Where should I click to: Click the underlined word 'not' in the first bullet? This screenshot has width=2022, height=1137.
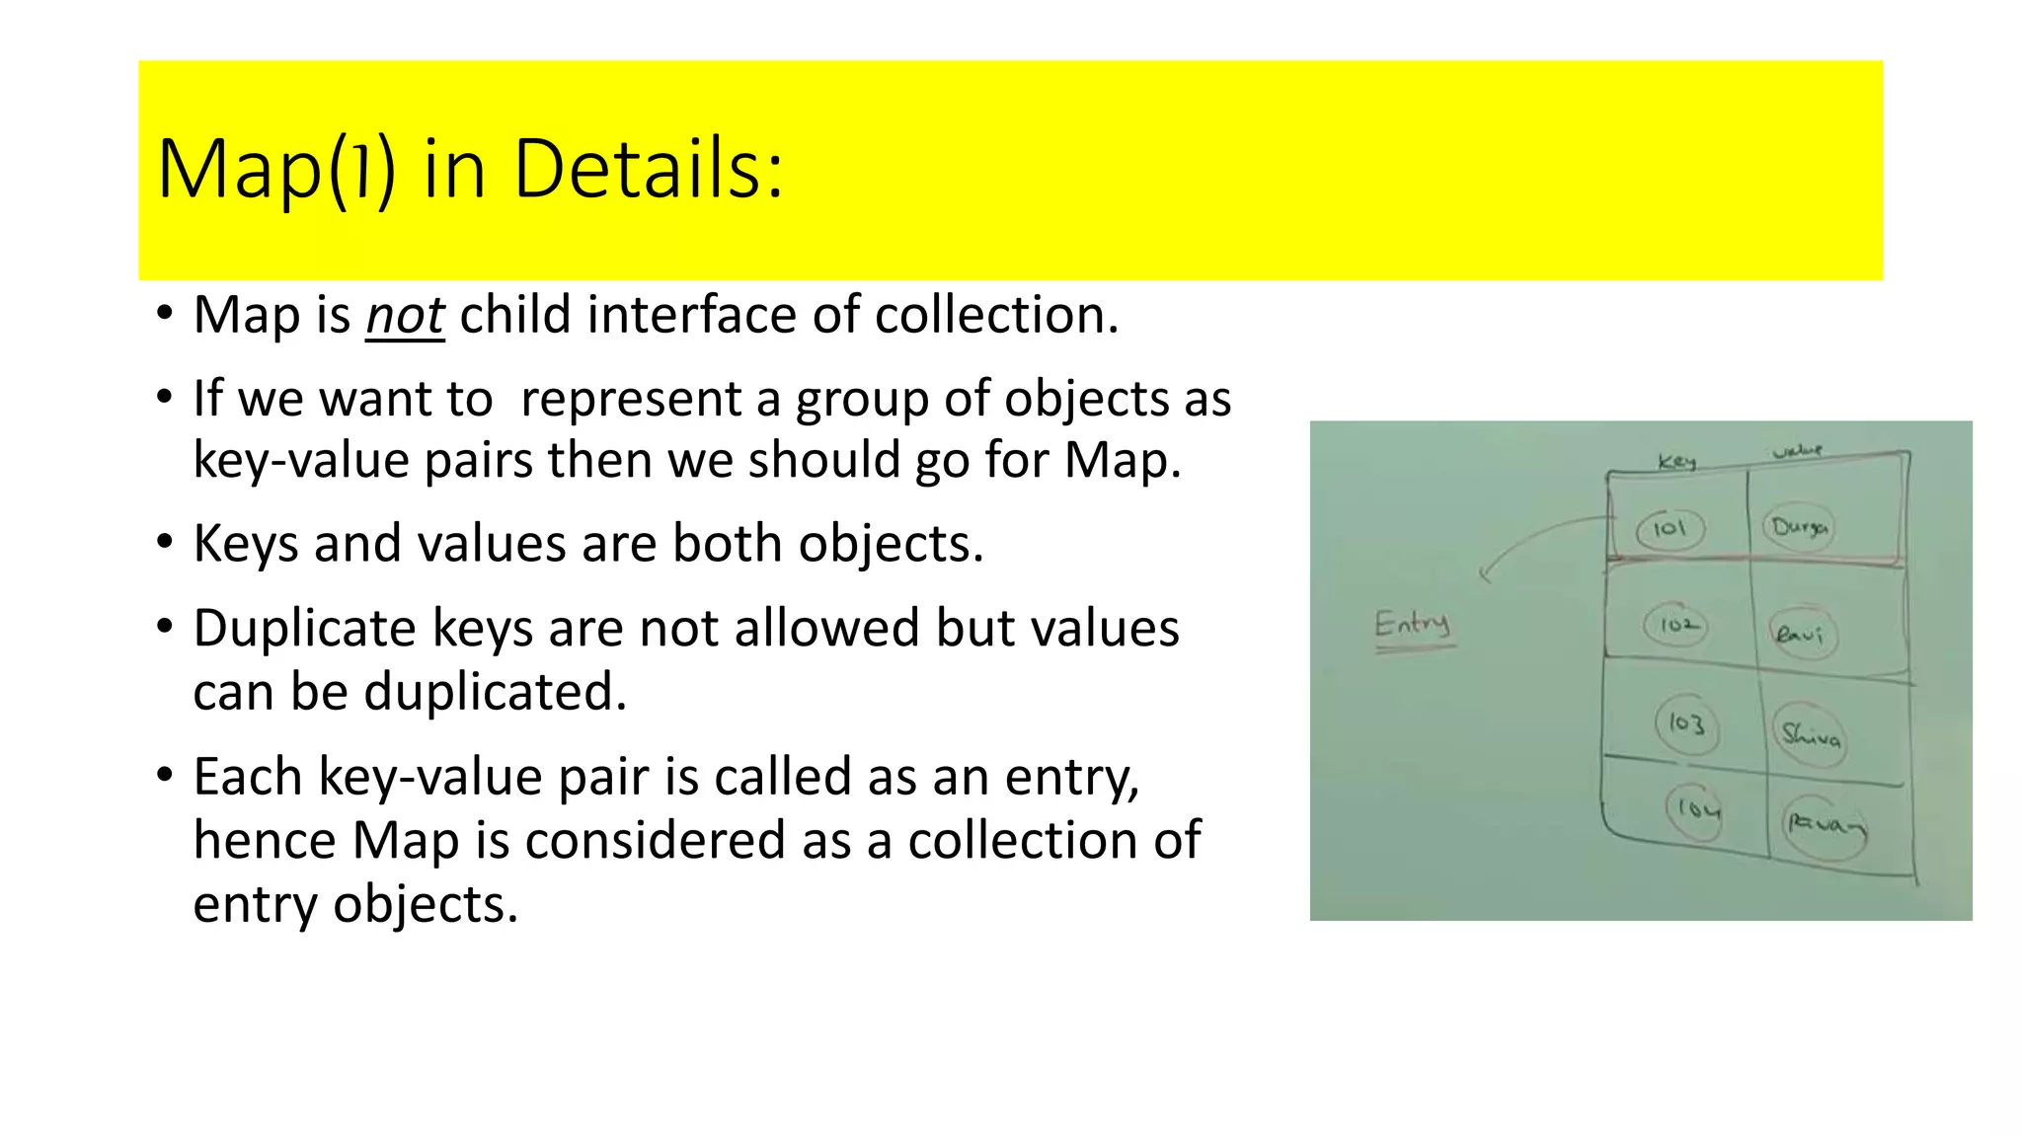pyautogui.click(x=405, y=317)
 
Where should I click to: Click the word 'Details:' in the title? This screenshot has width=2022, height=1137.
pyautogui.click(x=648, y=170)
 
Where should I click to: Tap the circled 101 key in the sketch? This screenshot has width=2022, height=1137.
pyautogui.click(x=1670, y=528)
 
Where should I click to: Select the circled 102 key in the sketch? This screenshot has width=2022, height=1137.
pyautogui.click(x=1676, y=625)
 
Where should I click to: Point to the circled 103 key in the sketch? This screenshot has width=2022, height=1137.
pyautogui.click(x=1686, y=724)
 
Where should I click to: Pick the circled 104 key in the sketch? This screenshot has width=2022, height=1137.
pyautogui.click(x=1697, y=810)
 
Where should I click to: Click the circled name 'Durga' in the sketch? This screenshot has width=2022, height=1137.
pyautogui.click(x=1799, y=527)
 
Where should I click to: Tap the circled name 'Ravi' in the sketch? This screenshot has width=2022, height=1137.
pyautogui.click(x=1799, y=634)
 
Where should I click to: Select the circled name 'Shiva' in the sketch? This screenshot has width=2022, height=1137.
pyautogui.click(x=1810, y=733)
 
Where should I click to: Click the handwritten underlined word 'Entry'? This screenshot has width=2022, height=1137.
pyautogui.click(x=1413, y=625)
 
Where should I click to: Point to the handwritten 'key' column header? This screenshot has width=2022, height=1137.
pyautogui.click(x=1676, y=461)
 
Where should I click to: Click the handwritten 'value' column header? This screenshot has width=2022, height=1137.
pyautogui.click(x=1797, y=451)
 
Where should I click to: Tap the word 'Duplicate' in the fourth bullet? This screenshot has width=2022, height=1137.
pyautogui.click(x=304, y=629)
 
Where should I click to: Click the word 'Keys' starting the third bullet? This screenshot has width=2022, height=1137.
pyautogui.click(x=245, y=544)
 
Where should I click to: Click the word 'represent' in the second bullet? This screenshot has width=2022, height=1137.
pyautogui.click(x=631, y=400)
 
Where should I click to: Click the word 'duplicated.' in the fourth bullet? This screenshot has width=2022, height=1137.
pyautogui.click(x=495, y=692)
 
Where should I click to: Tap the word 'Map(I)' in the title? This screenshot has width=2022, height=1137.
pyautogui.click(x=276, y=170)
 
